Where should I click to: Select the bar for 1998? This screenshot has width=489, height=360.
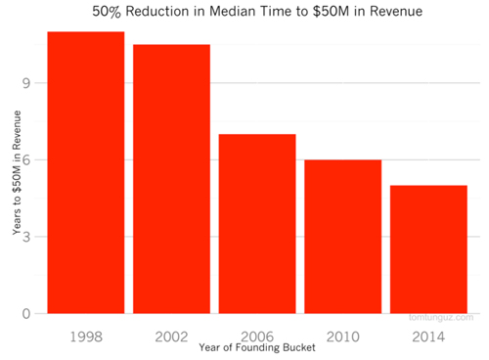(x=86, y=172)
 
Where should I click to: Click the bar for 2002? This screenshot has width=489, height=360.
(x=171, y=179)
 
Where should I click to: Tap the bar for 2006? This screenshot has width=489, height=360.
(x=256, y=224)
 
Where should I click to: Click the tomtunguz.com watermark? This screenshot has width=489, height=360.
(x=441, y=317)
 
